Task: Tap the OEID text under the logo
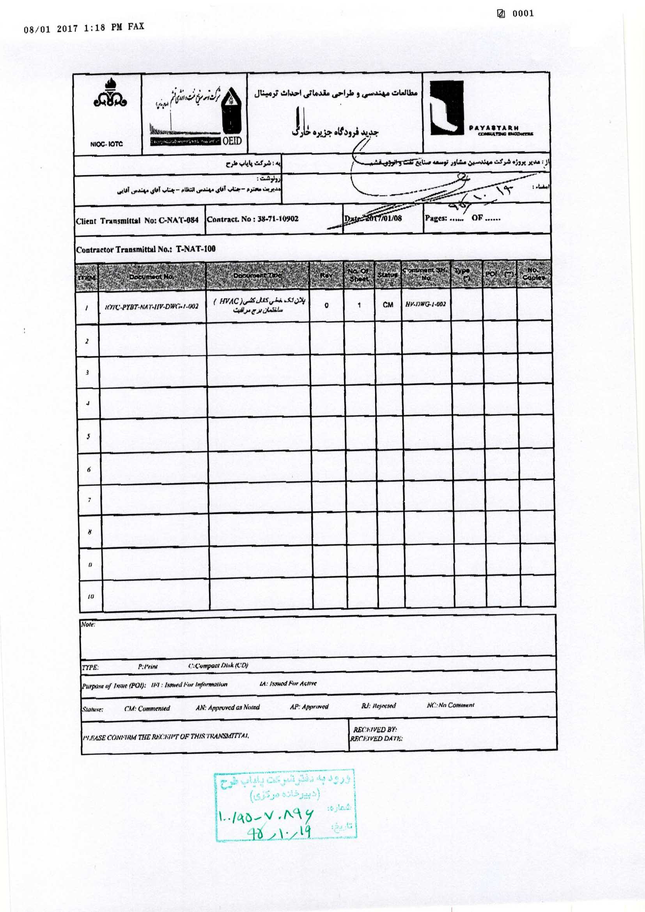point(232,140)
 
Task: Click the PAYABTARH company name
point(493,128)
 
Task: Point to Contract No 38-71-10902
point(253,219)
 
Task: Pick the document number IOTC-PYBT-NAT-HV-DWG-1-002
point(151,306)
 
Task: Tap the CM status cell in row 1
point(388,305)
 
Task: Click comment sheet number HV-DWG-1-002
point(425,304)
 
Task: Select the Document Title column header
point(257,275)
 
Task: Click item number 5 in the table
point(88,436)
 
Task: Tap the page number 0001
point(523,14)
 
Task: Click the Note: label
point(88,625)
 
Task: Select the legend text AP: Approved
point(309,707)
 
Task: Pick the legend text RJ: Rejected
point(379,706)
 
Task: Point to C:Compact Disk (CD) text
point(218,665)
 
